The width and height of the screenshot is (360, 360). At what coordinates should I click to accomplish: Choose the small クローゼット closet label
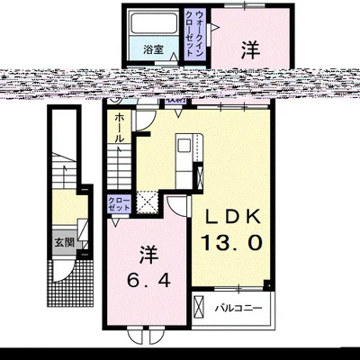pyautogui.click(x=118, y=203)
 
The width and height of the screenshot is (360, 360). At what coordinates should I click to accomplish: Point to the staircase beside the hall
pyautogui.click(x=120, y=166)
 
